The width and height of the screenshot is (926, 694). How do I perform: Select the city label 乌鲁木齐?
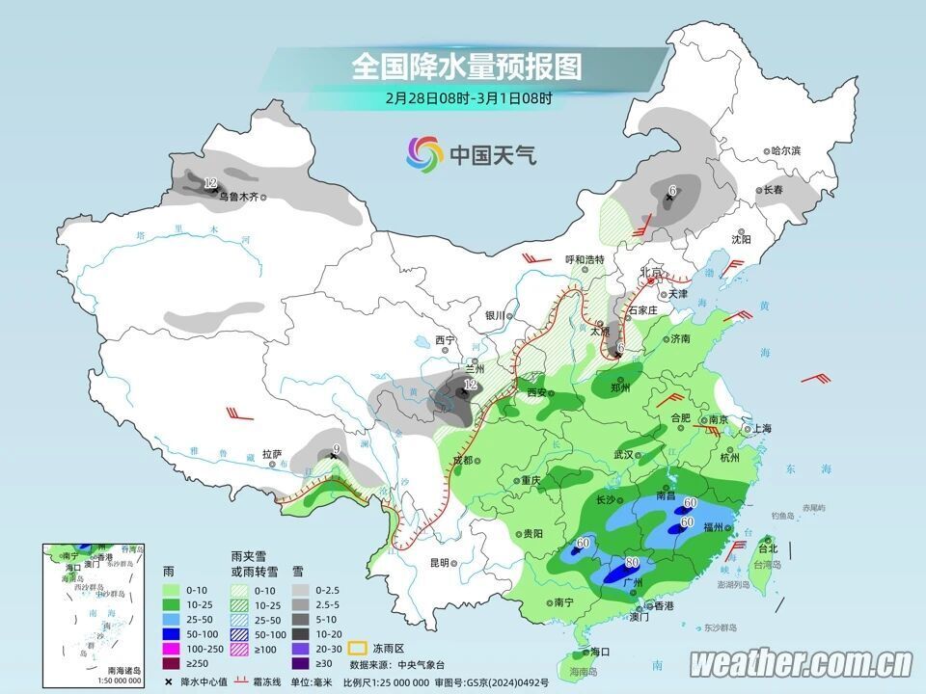coord(237,197)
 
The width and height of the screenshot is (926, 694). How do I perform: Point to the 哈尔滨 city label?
coord(786,151)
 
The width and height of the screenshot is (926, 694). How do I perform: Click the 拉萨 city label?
coord(271,453)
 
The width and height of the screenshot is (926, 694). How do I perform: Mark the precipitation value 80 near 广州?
coord(632,563)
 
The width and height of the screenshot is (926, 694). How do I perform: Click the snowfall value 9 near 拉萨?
coord(335,448)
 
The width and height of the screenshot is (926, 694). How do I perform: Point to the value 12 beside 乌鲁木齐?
coord(210,182)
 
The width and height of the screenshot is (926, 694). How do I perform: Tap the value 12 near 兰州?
coord(470,386)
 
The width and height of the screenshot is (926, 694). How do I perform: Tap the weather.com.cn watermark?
coord(801,663)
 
